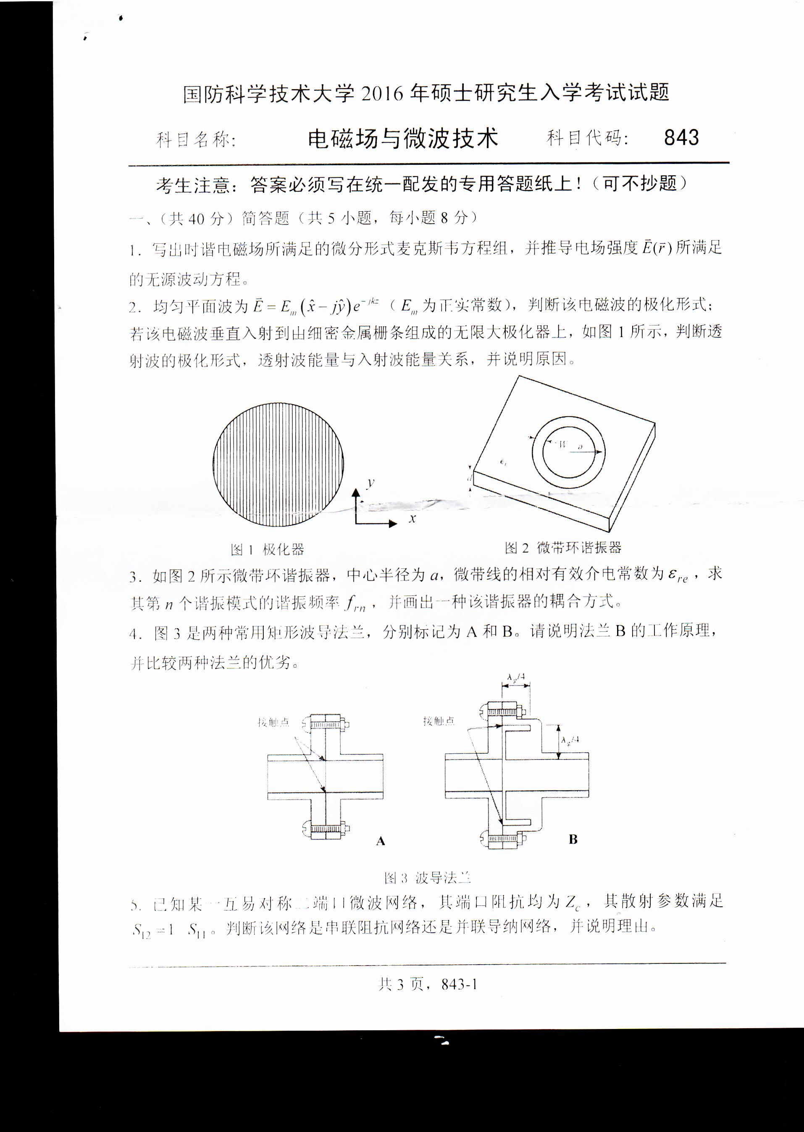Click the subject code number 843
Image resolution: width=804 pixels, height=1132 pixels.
pyautogui.click(x=681, y=138)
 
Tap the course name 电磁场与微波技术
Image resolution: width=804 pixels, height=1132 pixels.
pyautogui.click(x=402, y=139)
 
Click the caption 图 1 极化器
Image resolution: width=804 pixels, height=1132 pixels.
pyautogui.click(x=267, y=549)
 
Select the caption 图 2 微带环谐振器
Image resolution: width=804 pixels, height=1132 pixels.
pyautogui.click(x=563, y=548)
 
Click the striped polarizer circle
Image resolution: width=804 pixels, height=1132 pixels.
pyautogui.click(x=278, y=464)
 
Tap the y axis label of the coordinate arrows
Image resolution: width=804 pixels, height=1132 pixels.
pyautogui.click(x=370, y=483)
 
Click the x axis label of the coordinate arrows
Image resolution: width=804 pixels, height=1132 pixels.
pyautogui.click(x=412, y=518)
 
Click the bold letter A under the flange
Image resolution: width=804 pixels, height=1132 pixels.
pyautogui.click(x=380, y=841)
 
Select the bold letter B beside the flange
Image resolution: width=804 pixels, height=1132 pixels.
pyautogui.click(x=573, y=839)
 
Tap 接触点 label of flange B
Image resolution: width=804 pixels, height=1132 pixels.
pyautogui.click(x=439, y=721)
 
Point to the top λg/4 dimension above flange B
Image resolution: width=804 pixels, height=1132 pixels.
pyautogui.click(x=516, y=677)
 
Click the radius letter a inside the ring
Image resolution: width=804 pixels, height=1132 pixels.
pyautogui.click(x=580, y=446)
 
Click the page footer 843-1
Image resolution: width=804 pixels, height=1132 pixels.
pyautogui.click(x=459, y=984)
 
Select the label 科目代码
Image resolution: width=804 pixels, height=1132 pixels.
pyautogui.click(x=587, y=138)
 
